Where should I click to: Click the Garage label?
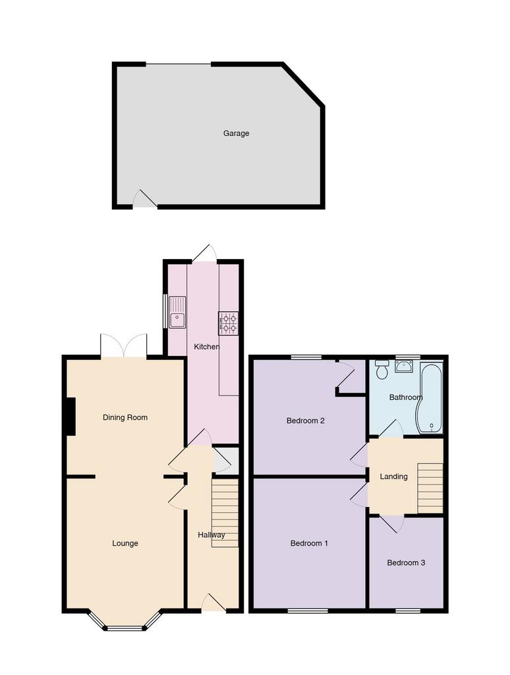pyautogui.click(x=236, y=133)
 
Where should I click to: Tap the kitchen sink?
pyautogui.click(x=177, y=312)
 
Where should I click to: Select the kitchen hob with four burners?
pyautogui.click(x=229, y=323)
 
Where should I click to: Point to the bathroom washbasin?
pyautogui.click(x=404, y=367)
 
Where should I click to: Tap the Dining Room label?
pyautogui.click(x=125, y=417)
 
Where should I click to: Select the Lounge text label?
pyautogui.click(x=125, y=543)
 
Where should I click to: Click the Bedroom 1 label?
pyautogui.click(x=309, y=543)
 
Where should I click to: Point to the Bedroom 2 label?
pyautogui.click(x=305, y=421)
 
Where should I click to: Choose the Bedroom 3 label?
pyautogui.click(x=406, y=563)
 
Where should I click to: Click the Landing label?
pyautogui.click(x=393, y=477)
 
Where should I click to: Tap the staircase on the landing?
pyautogui.click(x=430, y=488)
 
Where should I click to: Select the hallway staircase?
pyautogui.click(x=225, y=513)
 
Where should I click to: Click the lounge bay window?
pyautogui.click(x=125, y=621)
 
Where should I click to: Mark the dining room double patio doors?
pyautogui.click(x=124, y=345)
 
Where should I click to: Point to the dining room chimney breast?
pyautogui.click(x=71, y=417)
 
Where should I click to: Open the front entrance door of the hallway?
pyautogui.click(x=213, y=602)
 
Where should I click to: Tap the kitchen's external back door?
pyautogui.click(x=204, y=254)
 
